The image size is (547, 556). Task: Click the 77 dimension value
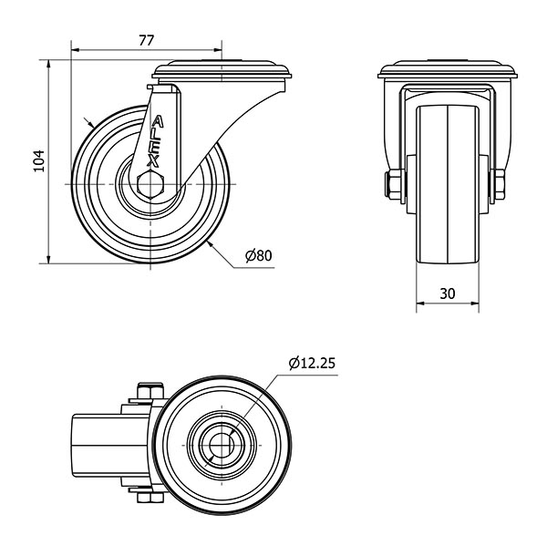[146, 39]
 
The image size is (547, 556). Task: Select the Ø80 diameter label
[259, 256]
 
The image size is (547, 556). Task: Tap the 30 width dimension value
[447, 293]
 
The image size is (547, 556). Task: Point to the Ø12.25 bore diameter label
[313, 363]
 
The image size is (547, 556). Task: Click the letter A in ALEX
[160, 120]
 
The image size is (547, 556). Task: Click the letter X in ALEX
[153, 161]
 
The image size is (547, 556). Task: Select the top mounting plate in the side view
[222, 69]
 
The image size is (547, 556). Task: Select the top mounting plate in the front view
[447, 70]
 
